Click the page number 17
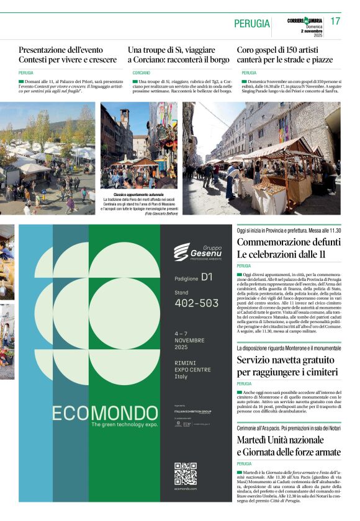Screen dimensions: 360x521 coord(335,21)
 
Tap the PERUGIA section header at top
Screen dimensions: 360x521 coord(252,24)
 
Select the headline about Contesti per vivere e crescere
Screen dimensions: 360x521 coord(68,55)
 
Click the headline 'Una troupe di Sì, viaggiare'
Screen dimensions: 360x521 coord(171,49)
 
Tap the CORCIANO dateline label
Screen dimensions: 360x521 coord(141,73)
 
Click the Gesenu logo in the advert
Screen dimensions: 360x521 coord(197,251)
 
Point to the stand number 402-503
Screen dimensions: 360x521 coord(197,303)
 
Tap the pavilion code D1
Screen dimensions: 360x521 coord(207,277)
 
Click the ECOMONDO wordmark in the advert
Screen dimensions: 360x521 coord(105,413)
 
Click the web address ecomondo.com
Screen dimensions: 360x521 coord(185,489)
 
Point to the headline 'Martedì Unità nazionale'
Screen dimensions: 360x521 coord(289,445)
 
